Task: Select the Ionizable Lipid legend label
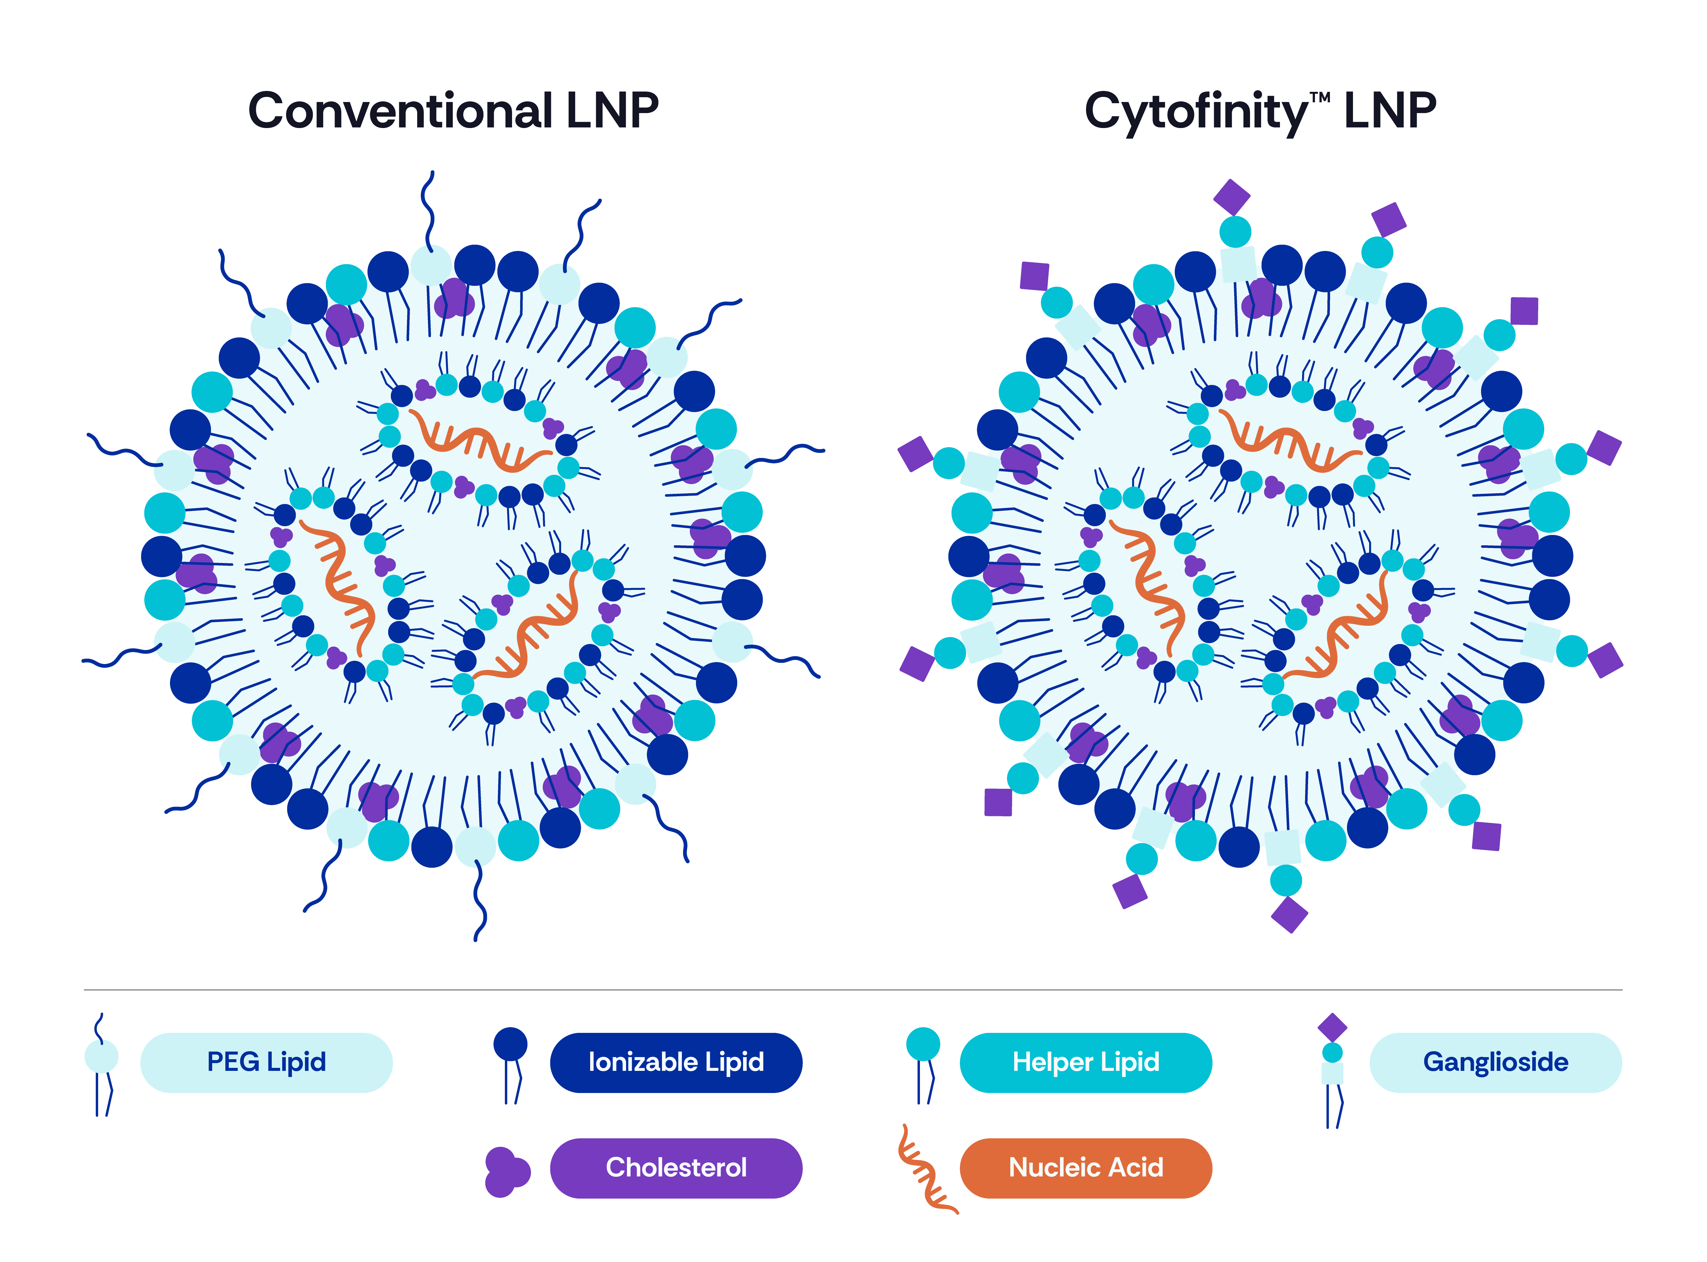(676, 1062)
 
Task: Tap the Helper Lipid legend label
(1086, 1062)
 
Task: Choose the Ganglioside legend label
(1495, 1062)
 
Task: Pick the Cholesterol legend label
(676, 1167)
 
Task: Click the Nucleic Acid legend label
(1086, 1167)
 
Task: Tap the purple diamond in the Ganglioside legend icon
(1333, 1027)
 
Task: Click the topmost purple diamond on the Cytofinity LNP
(1232, 197)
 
